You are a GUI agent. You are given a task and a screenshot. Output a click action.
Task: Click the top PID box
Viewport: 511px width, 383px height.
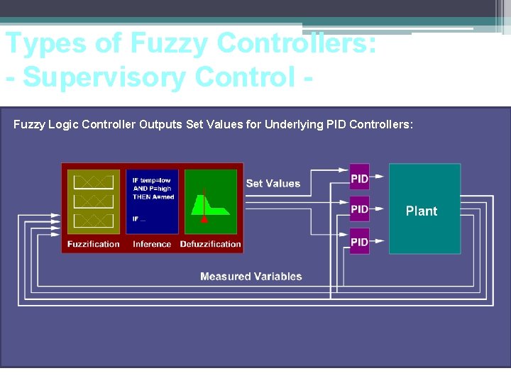[x=360, y=177]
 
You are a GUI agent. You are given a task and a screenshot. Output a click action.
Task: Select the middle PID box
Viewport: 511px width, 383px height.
[x=360, y=209]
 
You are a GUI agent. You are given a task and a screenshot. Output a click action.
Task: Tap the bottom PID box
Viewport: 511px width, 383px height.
[x=360, y=242]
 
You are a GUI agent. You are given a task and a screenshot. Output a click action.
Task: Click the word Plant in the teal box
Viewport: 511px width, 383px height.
[x=422, y=211]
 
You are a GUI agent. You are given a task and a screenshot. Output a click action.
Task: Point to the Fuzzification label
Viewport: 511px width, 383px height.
[x=94, y=244]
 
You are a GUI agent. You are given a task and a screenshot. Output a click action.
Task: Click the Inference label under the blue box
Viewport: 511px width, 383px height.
[x=152, y=244]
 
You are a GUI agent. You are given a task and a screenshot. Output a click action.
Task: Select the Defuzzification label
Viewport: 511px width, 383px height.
[x=211, y=244]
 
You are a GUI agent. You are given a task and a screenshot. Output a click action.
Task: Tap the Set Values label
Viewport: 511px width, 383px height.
[x=273, y=184]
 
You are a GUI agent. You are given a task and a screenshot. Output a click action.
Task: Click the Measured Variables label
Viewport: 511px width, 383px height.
[x=251, y=277]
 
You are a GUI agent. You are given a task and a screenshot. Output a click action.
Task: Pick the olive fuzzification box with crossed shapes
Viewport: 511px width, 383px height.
[x=94, y=201]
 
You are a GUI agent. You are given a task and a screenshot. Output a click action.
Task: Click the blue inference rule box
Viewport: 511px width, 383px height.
[x=152, y=201]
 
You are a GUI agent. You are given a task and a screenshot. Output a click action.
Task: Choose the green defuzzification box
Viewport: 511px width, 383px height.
[x=211, y=201]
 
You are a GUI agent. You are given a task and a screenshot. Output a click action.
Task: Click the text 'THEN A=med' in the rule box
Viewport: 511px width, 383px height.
[x=153, y=197]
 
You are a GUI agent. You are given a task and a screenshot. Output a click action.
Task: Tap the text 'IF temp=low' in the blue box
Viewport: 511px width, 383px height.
[x=152, y=180]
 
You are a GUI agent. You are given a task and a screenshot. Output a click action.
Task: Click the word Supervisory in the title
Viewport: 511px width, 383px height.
[x=106, y=77]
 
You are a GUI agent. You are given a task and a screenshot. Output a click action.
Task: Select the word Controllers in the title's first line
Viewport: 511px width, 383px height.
[x=297, y=43]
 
